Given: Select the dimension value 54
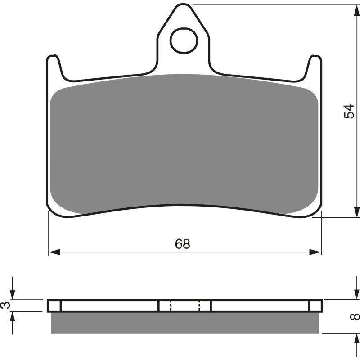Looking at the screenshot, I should click(349, 111).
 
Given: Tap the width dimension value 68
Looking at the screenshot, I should click(183, 244).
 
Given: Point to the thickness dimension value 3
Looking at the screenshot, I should click(5, 305).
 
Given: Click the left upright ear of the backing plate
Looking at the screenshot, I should click(54, 67).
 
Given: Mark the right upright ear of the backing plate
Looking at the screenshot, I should click(315, 67).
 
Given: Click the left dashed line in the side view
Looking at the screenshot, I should click(171, 306).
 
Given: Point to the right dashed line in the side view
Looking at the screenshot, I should click(199, 306).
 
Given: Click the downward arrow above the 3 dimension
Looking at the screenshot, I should click(13, 294).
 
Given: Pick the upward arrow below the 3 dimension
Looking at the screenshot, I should click(13, 316).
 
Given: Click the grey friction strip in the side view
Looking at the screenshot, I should click(185, 323).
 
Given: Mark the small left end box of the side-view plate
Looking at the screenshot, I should click(54, 306).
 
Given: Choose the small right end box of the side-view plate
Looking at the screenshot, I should click(315, 306).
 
